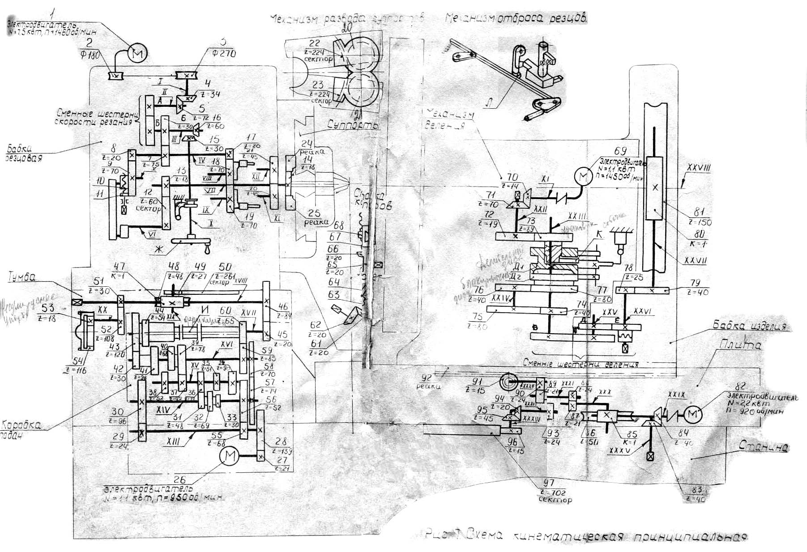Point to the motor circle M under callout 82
pos(692,415)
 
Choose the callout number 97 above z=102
pos(548,483)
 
